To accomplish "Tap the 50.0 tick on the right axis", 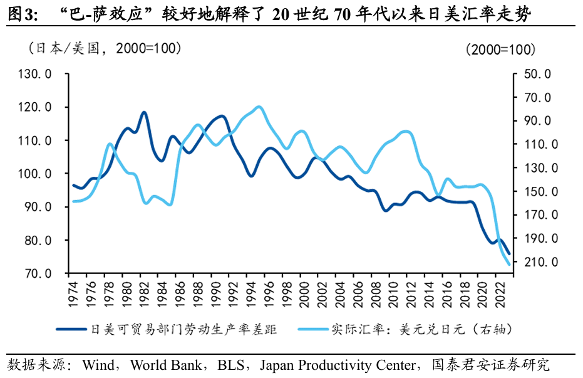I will pos(537,75).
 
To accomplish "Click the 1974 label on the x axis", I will pos(73,292).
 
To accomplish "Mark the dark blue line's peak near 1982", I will pos(144,112).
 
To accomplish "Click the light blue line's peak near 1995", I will pos(259,107).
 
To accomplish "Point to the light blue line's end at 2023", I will pos(509,265).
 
